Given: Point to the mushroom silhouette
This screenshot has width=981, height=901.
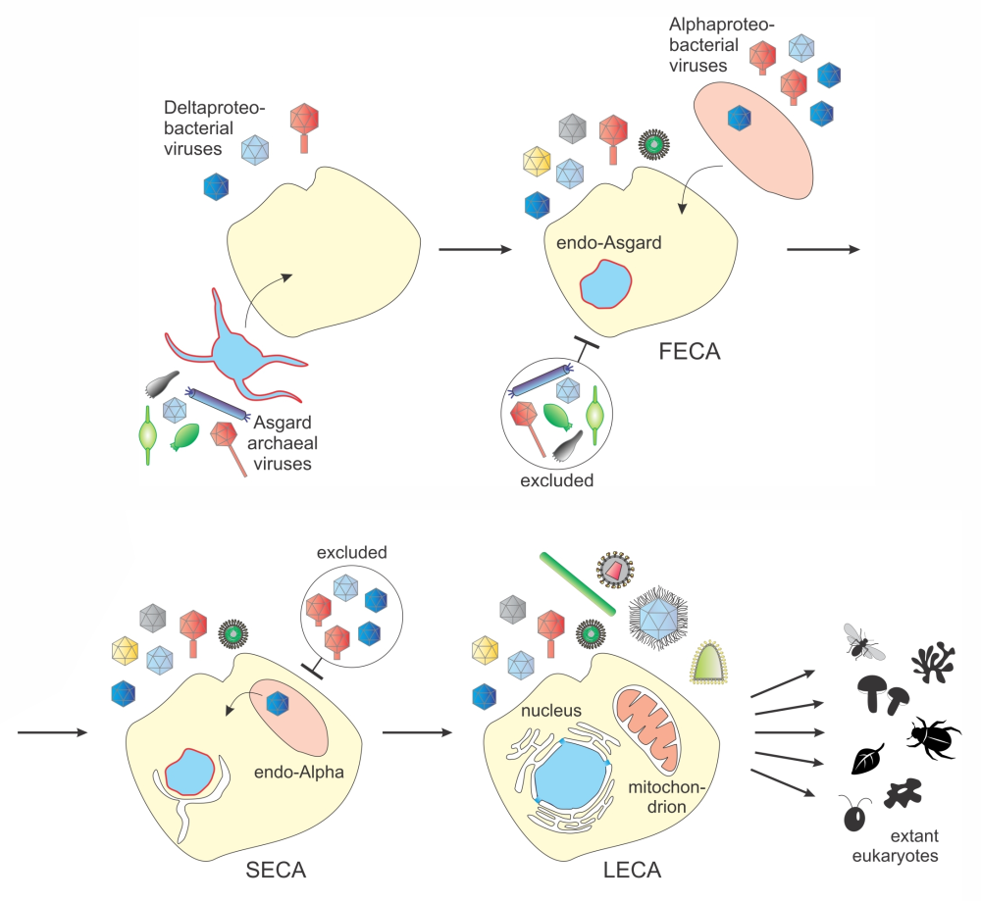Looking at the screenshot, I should pyautogui.click(x=880, y=693).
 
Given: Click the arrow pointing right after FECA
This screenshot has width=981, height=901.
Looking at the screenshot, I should pyautogui.click(x=823, y=250).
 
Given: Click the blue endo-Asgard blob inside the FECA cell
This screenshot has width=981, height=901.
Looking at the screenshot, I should pyautogui.click(x=601, y=288).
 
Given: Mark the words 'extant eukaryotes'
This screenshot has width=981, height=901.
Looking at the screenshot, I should pyautogui.click(x=914, y=846).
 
